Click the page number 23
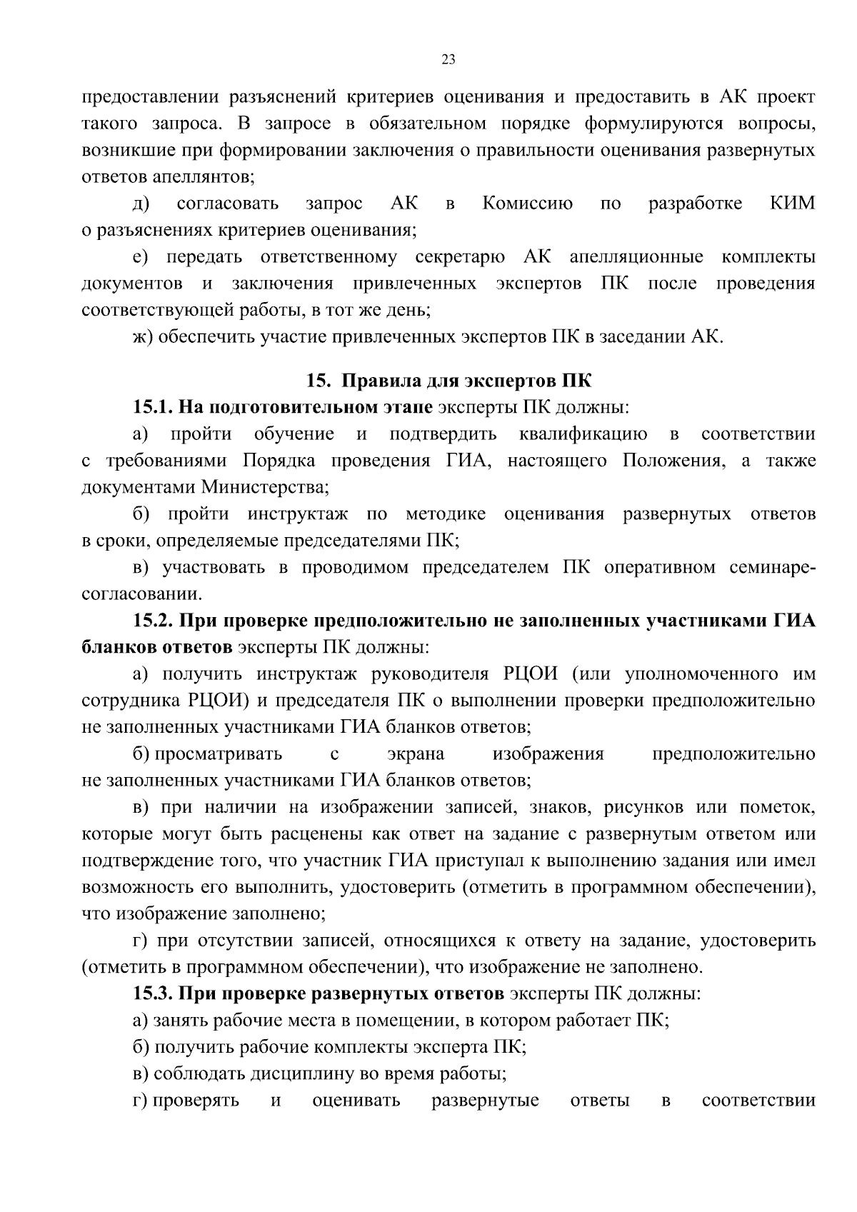448,59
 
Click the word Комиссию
528,204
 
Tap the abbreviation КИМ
793,204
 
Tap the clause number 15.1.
152,407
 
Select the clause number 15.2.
152,621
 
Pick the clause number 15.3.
152,993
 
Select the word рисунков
638,808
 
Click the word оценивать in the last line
356,1101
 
